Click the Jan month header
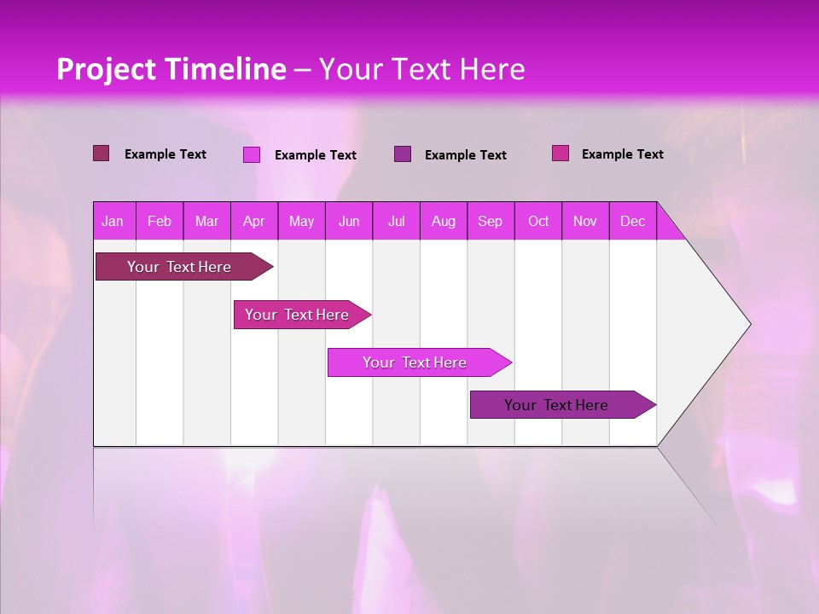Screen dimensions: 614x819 tap(113, 222)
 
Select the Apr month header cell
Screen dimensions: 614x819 tap(254, 222)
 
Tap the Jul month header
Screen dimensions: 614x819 tap(396, 222)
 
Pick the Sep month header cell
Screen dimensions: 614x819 tap(491, 222)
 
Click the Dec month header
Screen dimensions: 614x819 tap(632, 222)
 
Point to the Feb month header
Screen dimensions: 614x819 tap(160, 222)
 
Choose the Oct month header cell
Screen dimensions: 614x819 tap(538, 222)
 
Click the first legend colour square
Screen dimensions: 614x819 tap(102, 153)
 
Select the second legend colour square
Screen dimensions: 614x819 tap(252, 154)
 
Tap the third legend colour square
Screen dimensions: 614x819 tap(403, 154)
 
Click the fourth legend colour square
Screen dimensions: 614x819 tap(561, 153)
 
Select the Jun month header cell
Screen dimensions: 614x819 tap(349, 222)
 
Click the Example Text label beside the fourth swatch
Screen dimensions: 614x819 tap(622, 154)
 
